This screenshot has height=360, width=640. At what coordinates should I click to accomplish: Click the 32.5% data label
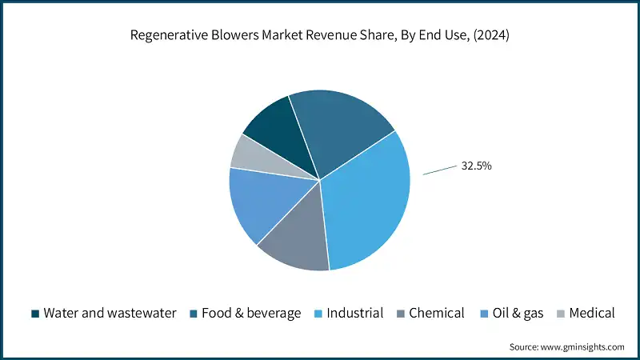click(x=476, y=166)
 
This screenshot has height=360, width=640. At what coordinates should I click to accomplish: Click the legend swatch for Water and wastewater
click(x=34, y=313)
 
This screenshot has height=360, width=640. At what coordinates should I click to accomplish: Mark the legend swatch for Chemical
click(x=399, y=313)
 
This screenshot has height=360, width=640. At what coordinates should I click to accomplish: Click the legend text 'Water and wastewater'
click(x=110, y=313)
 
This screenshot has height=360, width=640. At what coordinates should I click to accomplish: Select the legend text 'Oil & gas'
click(x=517, y=313)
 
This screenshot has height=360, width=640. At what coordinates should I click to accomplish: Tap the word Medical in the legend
click(x=591, y=313)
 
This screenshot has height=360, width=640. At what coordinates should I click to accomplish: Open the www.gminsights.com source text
click(x=583, y=346)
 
